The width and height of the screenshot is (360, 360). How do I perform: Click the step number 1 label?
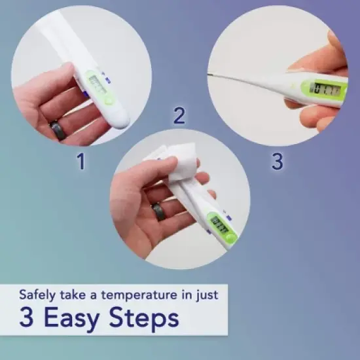click(x=81, y=161)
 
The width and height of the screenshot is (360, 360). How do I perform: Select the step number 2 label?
click(x=179, y=117)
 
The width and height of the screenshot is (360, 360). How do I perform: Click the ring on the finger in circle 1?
click(x=58, y=130)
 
